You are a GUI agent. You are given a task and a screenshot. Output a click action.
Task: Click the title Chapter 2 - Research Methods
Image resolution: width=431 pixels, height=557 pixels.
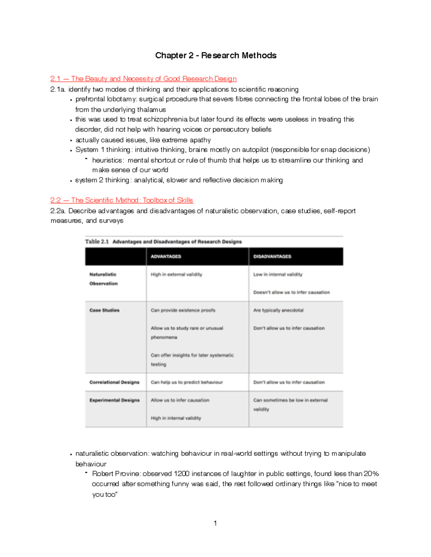click(215, 56)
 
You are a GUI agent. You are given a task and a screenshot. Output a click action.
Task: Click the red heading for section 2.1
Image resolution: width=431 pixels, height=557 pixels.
click(143, 79)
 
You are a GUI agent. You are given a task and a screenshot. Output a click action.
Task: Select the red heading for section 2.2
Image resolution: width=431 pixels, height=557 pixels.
click(122, 200)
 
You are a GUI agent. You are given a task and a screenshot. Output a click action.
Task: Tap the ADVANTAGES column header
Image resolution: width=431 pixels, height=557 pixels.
click(166, 256)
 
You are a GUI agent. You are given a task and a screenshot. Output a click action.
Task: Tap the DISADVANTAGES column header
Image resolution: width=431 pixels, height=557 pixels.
click(272, 256)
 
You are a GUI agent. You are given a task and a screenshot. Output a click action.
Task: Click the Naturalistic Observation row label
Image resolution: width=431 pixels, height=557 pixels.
click(103, 279)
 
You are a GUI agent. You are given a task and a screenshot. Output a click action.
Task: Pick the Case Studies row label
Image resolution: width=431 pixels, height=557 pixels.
click(105, 310)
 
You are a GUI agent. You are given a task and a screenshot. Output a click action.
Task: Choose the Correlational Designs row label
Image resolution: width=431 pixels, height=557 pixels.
click(114, 382)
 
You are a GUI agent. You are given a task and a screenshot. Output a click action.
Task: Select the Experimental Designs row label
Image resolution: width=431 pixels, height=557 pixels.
click(115, 400)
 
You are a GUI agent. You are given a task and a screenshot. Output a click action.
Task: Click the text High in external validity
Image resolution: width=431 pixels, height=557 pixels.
click(176, 274)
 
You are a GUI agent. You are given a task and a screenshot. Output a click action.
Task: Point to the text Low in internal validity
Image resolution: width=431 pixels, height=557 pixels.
click(278, 274)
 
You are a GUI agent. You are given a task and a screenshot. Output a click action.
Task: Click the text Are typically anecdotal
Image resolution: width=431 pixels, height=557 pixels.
click(278, 310)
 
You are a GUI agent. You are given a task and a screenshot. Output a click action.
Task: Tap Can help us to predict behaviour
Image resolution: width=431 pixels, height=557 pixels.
click(187, 382)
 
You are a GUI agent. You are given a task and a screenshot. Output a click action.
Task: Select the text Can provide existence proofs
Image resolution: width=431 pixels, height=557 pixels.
click(183, 310)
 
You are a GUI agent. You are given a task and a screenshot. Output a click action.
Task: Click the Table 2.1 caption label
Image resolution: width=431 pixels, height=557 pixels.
click(97, 242)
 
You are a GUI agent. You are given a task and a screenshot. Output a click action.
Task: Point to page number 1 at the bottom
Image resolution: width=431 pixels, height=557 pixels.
click(215, 523)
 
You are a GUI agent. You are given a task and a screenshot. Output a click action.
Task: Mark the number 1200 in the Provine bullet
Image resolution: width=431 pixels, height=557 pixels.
click(181, 474)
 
